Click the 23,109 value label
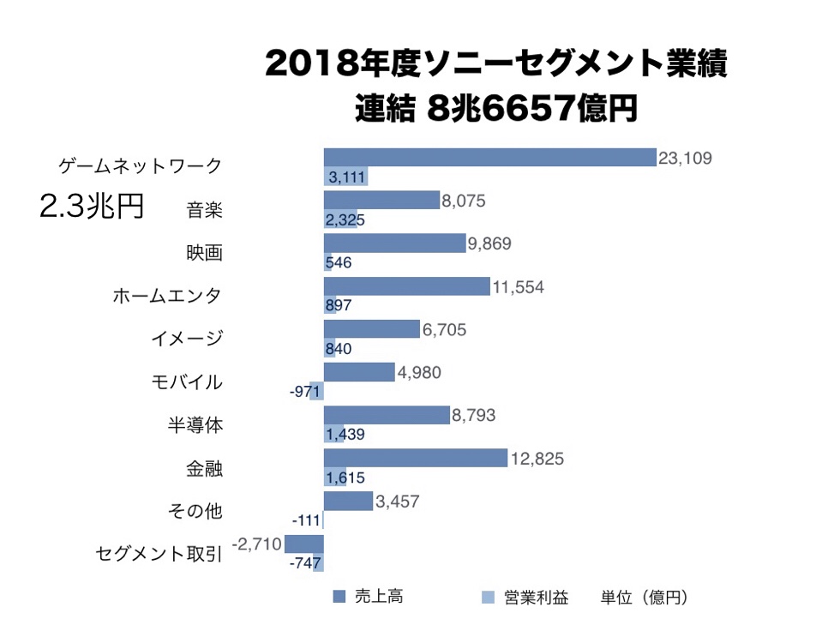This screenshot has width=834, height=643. [685, 158]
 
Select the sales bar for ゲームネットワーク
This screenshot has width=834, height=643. [489, 157]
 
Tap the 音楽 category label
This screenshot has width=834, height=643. [204, 208]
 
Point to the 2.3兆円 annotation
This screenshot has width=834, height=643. [92, 207]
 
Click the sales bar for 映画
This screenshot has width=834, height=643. [394, 243]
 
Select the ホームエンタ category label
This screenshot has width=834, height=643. [167, 296]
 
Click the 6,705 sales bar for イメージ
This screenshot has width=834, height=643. [372, 330]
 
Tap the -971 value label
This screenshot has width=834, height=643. [306, 392]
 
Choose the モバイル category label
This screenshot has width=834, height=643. [186, 382]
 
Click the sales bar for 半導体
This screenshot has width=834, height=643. [387, 415]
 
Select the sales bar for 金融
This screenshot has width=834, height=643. [416, 459]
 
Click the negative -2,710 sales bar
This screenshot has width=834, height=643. [303, 544]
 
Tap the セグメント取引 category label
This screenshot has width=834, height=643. [159, 555]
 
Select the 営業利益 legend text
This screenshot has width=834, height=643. [536, 597]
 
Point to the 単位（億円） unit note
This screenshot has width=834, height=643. [645, 597]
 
